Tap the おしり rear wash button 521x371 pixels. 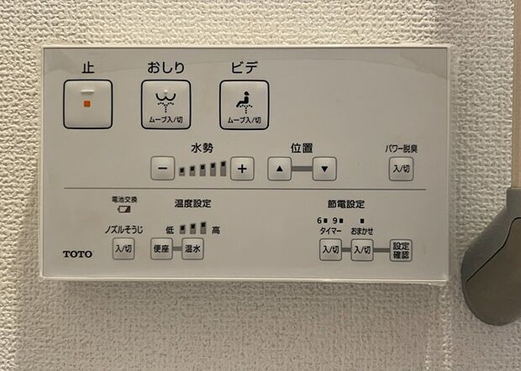click(166, 105)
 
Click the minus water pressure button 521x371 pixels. click(163, 169)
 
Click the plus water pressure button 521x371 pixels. click(242, 169)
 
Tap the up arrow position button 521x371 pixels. click(280, 169)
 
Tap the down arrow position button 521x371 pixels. click(324, 169)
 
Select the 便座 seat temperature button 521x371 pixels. click(161, 248)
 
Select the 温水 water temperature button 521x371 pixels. click(192, 248)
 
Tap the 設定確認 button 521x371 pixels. click(401, 250)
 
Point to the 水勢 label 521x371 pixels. click(203, 148)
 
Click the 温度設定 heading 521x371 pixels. click(192, 203)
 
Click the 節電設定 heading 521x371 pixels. click(346, 204)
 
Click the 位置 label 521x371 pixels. click(302, 148)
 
